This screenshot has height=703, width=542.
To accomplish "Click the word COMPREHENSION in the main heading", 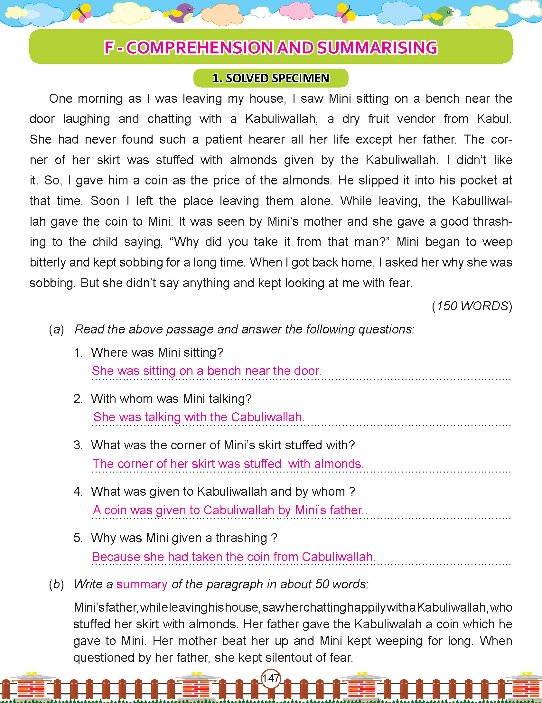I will click(x=200, y=48).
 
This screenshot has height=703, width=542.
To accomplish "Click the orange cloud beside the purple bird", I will click(x=221, y=14).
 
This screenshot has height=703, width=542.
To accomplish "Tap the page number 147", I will click(x=271, y=679).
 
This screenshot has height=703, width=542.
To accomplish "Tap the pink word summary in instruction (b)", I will click(x=142, y=584).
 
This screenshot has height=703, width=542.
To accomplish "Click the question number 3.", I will click(x=78, y=445).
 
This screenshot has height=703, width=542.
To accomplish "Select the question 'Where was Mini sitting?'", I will click(x=157, y=352).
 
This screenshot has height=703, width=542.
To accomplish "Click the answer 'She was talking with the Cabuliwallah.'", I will click(x=199, y=417).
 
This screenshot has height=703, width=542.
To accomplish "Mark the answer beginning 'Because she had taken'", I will click(x=233, y=557).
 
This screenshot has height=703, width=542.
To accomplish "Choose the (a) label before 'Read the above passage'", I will click(x=56, y=329).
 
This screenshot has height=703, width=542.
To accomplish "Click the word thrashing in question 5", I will click(x=241, y=538).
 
